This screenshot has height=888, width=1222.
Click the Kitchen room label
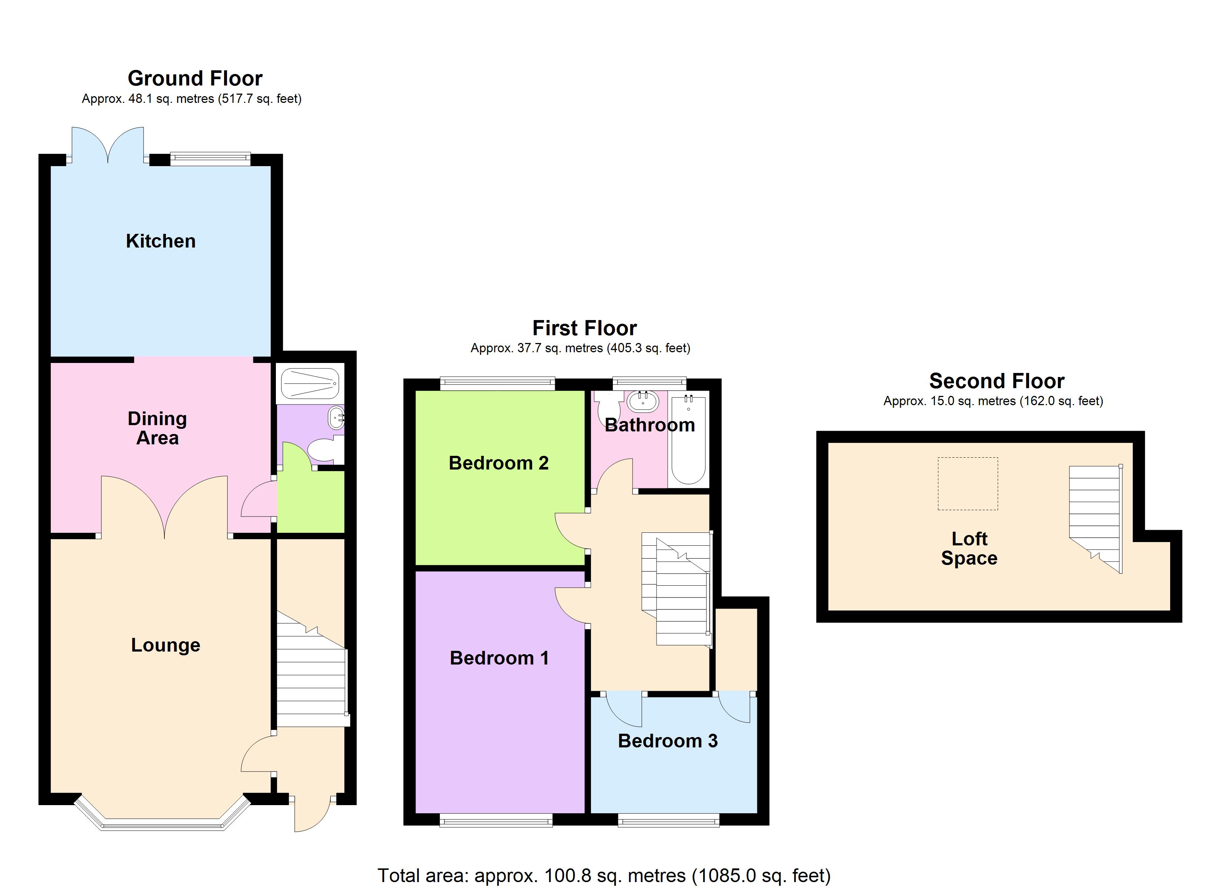click(161, 241)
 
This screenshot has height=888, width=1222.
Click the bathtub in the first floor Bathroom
click(688, 439)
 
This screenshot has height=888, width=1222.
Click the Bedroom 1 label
click(499, 658)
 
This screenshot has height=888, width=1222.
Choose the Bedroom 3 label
click(668, 741)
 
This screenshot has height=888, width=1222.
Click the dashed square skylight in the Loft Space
click(968, 484)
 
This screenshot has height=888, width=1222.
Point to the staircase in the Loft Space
click(1095, 516)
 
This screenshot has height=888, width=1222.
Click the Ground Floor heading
click(195, 78)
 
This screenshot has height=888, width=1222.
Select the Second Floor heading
click(996, 381)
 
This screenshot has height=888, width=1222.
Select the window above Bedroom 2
click(497, 383)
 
